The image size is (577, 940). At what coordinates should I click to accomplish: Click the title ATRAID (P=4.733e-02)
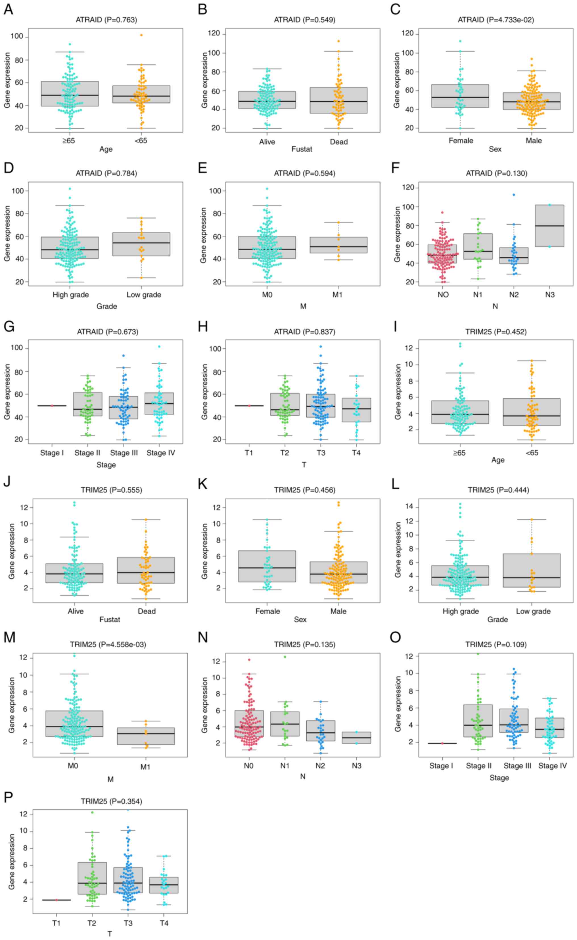tap(496, 20)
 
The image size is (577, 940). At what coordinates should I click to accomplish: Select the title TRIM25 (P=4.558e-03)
tap(108, 644)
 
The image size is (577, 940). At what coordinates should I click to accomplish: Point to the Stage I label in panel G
tap(52, 453)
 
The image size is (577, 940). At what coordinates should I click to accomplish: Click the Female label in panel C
tap(461, 141)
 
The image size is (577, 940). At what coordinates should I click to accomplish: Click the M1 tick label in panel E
tap(337, 294)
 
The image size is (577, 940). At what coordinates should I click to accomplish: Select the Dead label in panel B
tap(339, 142)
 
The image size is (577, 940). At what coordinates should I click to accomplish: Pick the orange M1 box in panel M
tap(145, 736)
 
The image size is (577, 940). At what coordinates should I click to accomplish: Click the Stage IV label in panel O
tap(553, 766)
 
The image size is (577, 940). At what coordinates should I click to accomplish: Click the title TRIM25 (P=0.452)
tap(496, 332)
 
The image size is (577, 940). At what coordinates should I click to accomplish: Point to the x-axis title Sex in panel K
tap(300, 619)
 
